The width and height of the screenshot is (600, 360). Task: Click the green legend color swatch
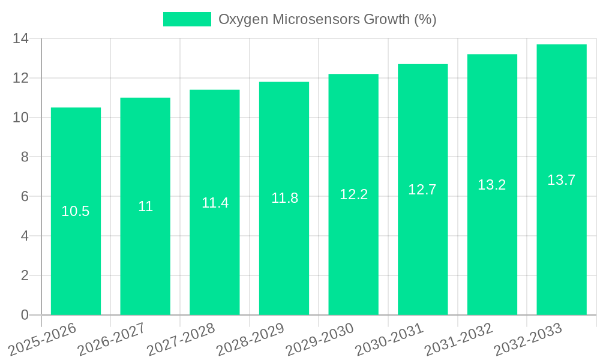pyautogui.click(x=187, y=19)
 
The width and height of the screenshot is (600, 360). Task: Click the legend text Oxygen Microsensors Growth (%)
pyautogui.click(x=327, y=19)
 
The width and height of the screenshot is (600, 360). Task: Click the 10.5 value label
pyautogui.click(x=76, y=211)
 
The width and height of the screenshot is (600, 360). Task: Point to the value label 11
pyautogui.click(x=145, y=206)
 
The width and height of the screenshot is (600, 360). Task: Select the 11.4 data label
pyautogui.click(x=215, y=203)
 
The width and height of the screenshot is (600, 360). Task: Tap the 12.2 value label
pyautogui.click(x=353, y=194)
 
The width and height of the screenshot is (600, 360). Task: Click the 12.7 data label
pyautogui.click(x=422, y=190)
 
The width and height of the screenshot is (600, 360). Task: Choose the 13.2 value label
pyautogui.click(x=492, y=185)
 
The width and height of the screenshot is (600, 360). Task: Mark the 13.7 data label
pyautogui.click(x=562, y=179)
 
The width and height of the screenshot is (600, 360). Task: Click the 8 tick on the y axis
pyautogui.click(x=25, y=157)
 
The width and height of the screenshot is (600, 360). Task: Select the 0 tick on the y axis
pyautogui.click(x=25, y=315)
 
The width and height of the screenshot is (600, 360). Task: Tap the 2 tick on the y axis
pyautogui.click(x=25, y=275)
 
